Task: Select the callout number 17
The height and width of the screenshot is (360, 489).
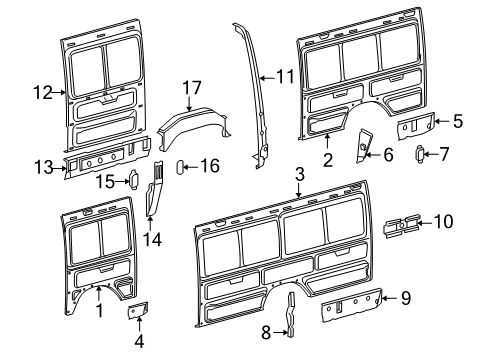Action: [192, 88]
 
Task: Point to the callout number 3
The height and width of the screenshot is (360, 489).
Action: [300, 177]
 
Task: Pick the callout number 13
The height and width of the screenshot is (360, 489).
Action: [42, 167]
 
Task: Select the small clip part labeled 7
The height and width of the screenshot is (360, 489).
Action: [421, 154]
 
